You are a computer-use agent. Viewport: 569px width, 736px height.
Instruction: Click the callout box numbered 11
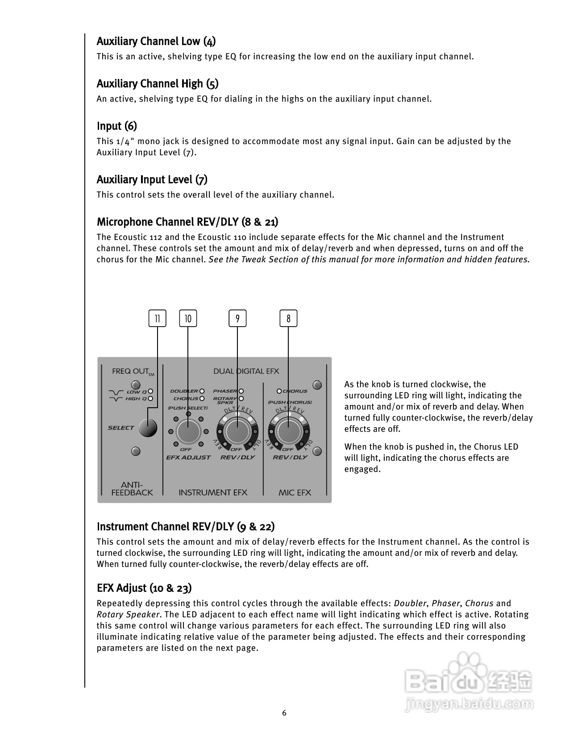click(x=157, y=318)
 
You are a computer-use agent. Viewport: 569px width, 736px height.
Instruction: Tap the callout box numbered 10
click(x=188, y=318)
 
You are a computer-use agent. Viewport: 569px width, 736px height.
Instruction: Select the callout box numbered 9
click(x=237, y=318)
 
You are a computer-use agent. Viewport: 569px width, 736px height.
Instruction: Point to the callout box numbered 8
click(x=289, y=318)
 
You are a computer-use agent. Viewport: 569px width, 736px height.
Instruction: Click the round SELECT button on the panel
click(x=148, y=428)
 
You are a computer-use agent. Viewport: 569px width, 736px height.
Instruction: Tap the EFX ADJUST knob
click(x=188, y=431)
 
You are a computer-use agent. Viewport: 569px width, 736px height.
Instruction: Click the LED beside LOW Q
click(x=151, y=392)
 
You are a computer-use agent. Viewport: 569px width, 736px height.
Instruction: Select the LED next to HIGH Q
click(x=151, y=398)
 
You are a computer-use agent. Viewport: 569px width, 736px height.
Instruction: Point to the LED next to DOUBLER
click(x=202, y=391)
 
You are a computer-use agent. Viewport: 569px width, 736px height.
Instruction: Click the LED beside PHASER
click(x=241, y=391)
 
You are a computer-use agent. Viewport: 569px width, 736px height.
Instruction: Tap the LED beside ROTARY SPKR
click(x=241, y=398)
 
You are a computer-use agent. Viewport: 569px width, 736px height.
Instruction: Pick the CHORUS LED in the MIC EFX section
click(x=279, y=391)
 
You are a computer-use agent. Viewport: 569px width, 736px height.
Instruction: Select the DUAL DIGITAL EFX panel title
click(x=246, y=371)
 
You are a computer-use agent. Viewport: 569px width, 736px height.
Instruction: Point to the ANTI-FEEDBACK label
click(x=132, y=488)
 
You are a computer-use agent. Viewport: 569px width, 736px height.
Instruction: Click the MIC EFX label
click(x=295, y=492)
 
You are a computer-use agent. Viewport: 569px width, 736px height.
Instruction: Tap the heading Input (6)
click(x=117, y=126)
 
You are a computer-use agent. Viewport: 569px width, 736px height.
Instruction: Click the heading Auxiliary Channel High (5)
click(x=158, y=84)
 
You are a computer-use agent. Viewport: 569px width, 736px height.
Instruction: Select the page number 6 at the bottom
click(x=284, y=713)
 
